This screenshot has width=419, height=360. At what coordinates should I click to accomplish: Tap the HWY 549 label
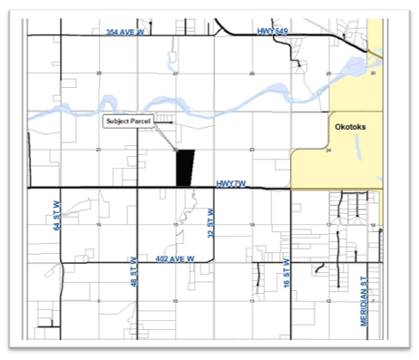point(271,32)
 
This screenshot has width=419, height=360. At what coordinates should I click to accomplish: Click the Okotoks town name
point(349,129)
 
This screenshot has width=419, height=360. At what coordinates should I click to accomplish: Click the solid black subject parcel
point(185,168)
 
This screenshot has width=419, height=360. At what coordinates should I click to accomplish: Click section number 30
point(374,73)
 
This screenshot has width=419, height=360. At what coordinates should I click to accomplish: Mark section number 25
point(327,73)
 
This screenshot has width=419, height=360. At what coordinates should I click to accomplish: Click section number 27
point(175,73)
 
